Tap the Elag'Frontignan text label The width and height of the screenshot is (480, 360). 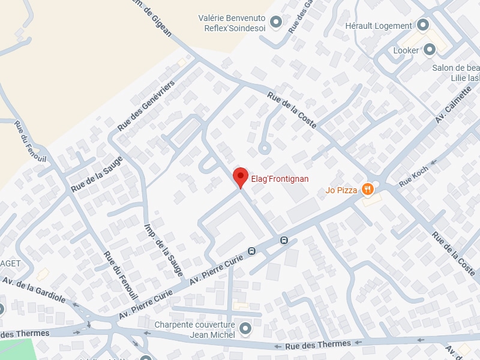pos(280,179)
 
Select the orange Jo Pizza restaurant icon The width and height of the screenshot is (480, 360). pos(368,191)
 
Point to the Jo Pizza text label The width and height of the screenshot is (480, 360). pos(341,191)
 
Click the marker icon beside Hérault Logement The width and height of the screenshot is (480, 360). pos(423,26)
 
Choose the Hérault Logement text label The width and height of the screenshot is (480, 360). pos(379,26)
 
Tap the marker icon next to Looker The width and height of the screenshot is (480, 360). pos(430,50)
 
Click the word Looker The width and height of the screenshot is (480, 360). pos(406,50)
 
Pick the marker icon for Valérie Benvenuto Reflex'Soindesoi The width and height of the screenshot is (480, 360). pos(276,23)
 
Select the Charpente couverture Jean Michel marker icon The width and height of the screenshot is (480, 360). pos(245,329)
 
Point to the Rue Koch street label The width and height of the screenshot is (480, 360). pos(414,175)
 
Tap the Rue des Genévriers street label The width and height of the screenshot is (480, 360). pos(146,106)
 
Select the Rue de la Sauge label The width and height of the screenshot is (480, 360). pos(97,174)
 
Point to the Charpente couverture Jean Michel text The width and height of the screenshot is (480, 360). pos(194,329)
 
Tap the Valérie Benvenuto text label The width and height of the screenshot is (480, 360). pos(232,18)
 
